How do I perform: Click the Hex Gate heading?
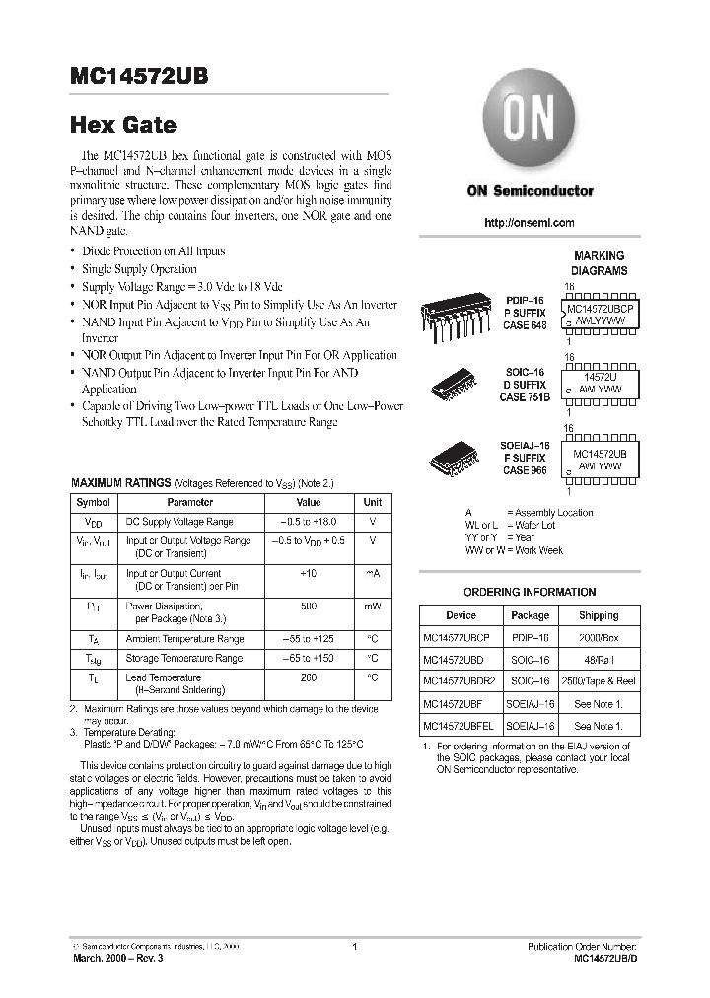pos(123,125)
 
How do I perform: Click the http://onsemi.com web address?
pos(530,224)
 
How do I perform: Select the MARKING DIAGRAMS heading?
pos(600,263)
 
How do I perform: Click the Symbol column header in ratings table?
pos(93,502)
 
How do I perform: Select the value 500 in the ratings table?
pos(309,606)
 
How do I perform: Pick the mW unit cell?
pos(373,606)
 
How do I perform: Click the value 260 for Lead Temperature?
pos(309,677)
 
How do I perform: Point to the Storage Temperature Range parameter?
pos(183,658)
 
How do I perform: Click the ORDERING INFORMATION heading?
pos(530,592)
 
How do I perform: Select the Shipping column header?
pos(599,615)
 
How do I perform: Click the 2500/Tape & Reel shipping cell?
pos(599,681)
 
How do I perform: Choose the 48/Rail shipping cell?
pos(599,660)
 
